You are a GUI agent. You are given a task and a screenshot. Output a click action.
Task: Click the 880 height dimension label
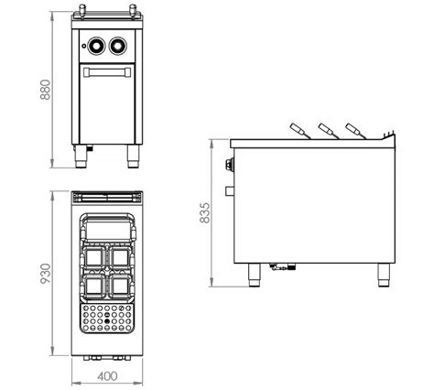46,90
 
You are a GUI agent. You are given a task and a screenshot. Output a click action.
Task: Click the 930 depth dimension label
46,274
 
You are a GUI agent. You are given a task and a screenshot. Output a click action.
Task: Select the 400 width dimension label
107,376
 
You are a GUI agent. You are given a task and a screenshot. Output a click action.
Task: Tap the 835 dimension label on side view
205,212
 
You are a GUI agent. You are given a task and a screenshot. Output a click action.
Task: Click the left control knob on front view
96,46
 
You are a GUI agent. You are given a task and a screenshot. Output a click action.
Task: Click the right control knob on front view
118,46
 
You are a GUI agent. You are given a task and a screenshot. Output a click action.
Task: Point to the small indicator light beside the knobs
83,46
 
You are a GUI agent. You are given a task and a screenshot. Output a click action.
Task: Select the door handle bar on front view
107,72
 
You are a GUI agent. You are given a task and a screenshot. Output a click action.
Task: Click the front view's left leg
81,156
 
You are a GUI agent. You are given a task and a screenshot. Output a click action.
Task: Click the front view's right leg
134,156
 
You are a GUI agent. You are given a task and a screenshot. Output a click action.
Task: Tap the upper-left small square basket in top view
93,258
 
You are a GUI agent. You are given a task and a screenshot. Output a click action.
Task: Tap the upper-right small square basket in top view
121,258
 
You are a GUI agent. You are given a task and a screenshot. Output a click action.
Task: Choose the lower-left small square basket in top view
93,287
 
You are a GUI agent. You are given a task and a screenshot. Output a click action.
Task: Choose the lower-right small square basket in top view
121,287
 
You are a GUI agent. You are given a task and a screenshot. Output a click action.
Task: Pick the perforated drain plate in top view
107,318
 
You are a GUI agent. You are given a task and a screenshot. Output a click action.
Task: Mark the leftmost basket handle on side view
300,131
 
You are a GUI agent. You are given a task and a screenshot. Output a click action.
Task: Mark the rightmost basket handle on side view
356,131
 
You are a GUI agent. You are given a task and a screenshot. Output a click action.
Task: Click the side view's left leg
254,275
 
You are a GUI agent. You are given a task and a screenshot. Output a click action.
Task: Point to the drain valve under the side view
283,267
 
